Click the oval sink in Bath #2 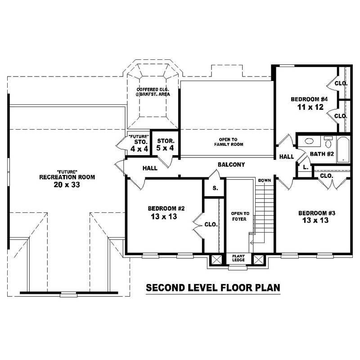309,141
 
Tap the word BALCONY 231,165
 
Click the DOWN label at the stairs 264,180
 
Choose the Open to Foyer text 237,217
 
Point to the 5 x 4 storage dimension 165,148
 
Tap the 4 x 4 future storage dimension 136,148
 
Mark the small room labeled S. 215,188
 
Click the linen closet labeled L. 305,167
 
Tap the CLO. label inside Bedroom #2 211,224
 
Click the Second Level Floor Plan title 213,288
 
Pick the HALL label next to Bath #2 286,157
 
